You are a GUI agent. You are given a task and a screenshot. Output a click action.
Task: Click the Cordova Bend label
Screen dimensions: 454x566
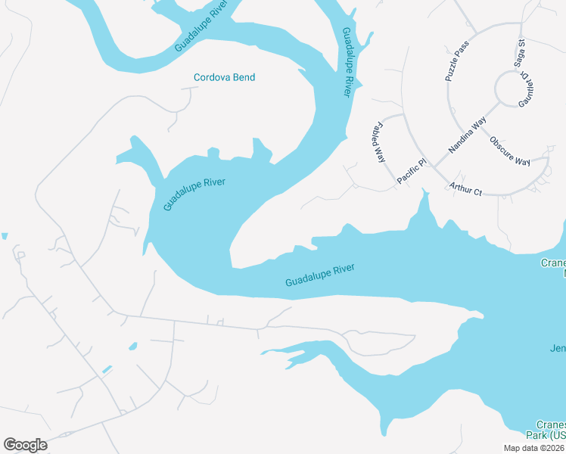pos(224,77)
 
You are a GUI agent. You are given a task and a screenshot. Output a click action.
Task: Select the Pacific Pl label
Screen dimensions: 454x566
pos(412,172)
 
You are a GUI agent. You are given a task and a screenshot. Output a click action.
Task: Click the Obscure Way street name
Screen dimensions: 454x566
pos(509,151)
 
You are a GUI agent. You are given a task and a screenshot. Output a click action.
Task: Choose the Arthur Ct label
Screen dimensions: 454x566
pos(465,188)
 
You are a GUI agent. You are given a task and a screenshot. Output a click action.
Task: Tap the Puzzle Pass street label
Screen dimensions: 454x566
pos(457,61)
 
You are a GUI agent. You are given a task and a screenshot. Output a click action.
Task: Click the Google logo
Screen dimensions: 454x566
pos(25,445)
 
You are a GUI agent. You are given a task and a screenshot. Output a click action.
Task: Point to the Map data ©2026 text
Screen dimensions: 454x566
pos(534,448)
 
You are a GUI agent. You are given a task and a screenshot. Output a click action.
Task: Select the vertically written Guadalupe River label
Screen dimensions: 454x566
pos(347,62)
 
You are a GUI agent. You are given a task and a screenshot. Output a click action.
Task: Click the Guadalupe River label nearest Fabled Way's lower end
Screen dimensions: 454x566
pos(320,275)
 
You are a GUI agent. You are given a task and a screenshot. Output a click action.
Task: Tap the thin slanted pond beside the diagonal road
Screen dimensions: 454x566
pos(107,369)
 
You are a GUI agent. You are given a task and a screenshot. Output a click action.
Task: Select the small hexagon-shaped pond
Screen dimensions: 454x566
pos(133,347)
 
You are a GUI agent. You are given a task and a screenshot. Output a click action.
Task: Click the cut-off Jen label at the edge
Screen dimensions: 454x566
pos(558,348)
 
